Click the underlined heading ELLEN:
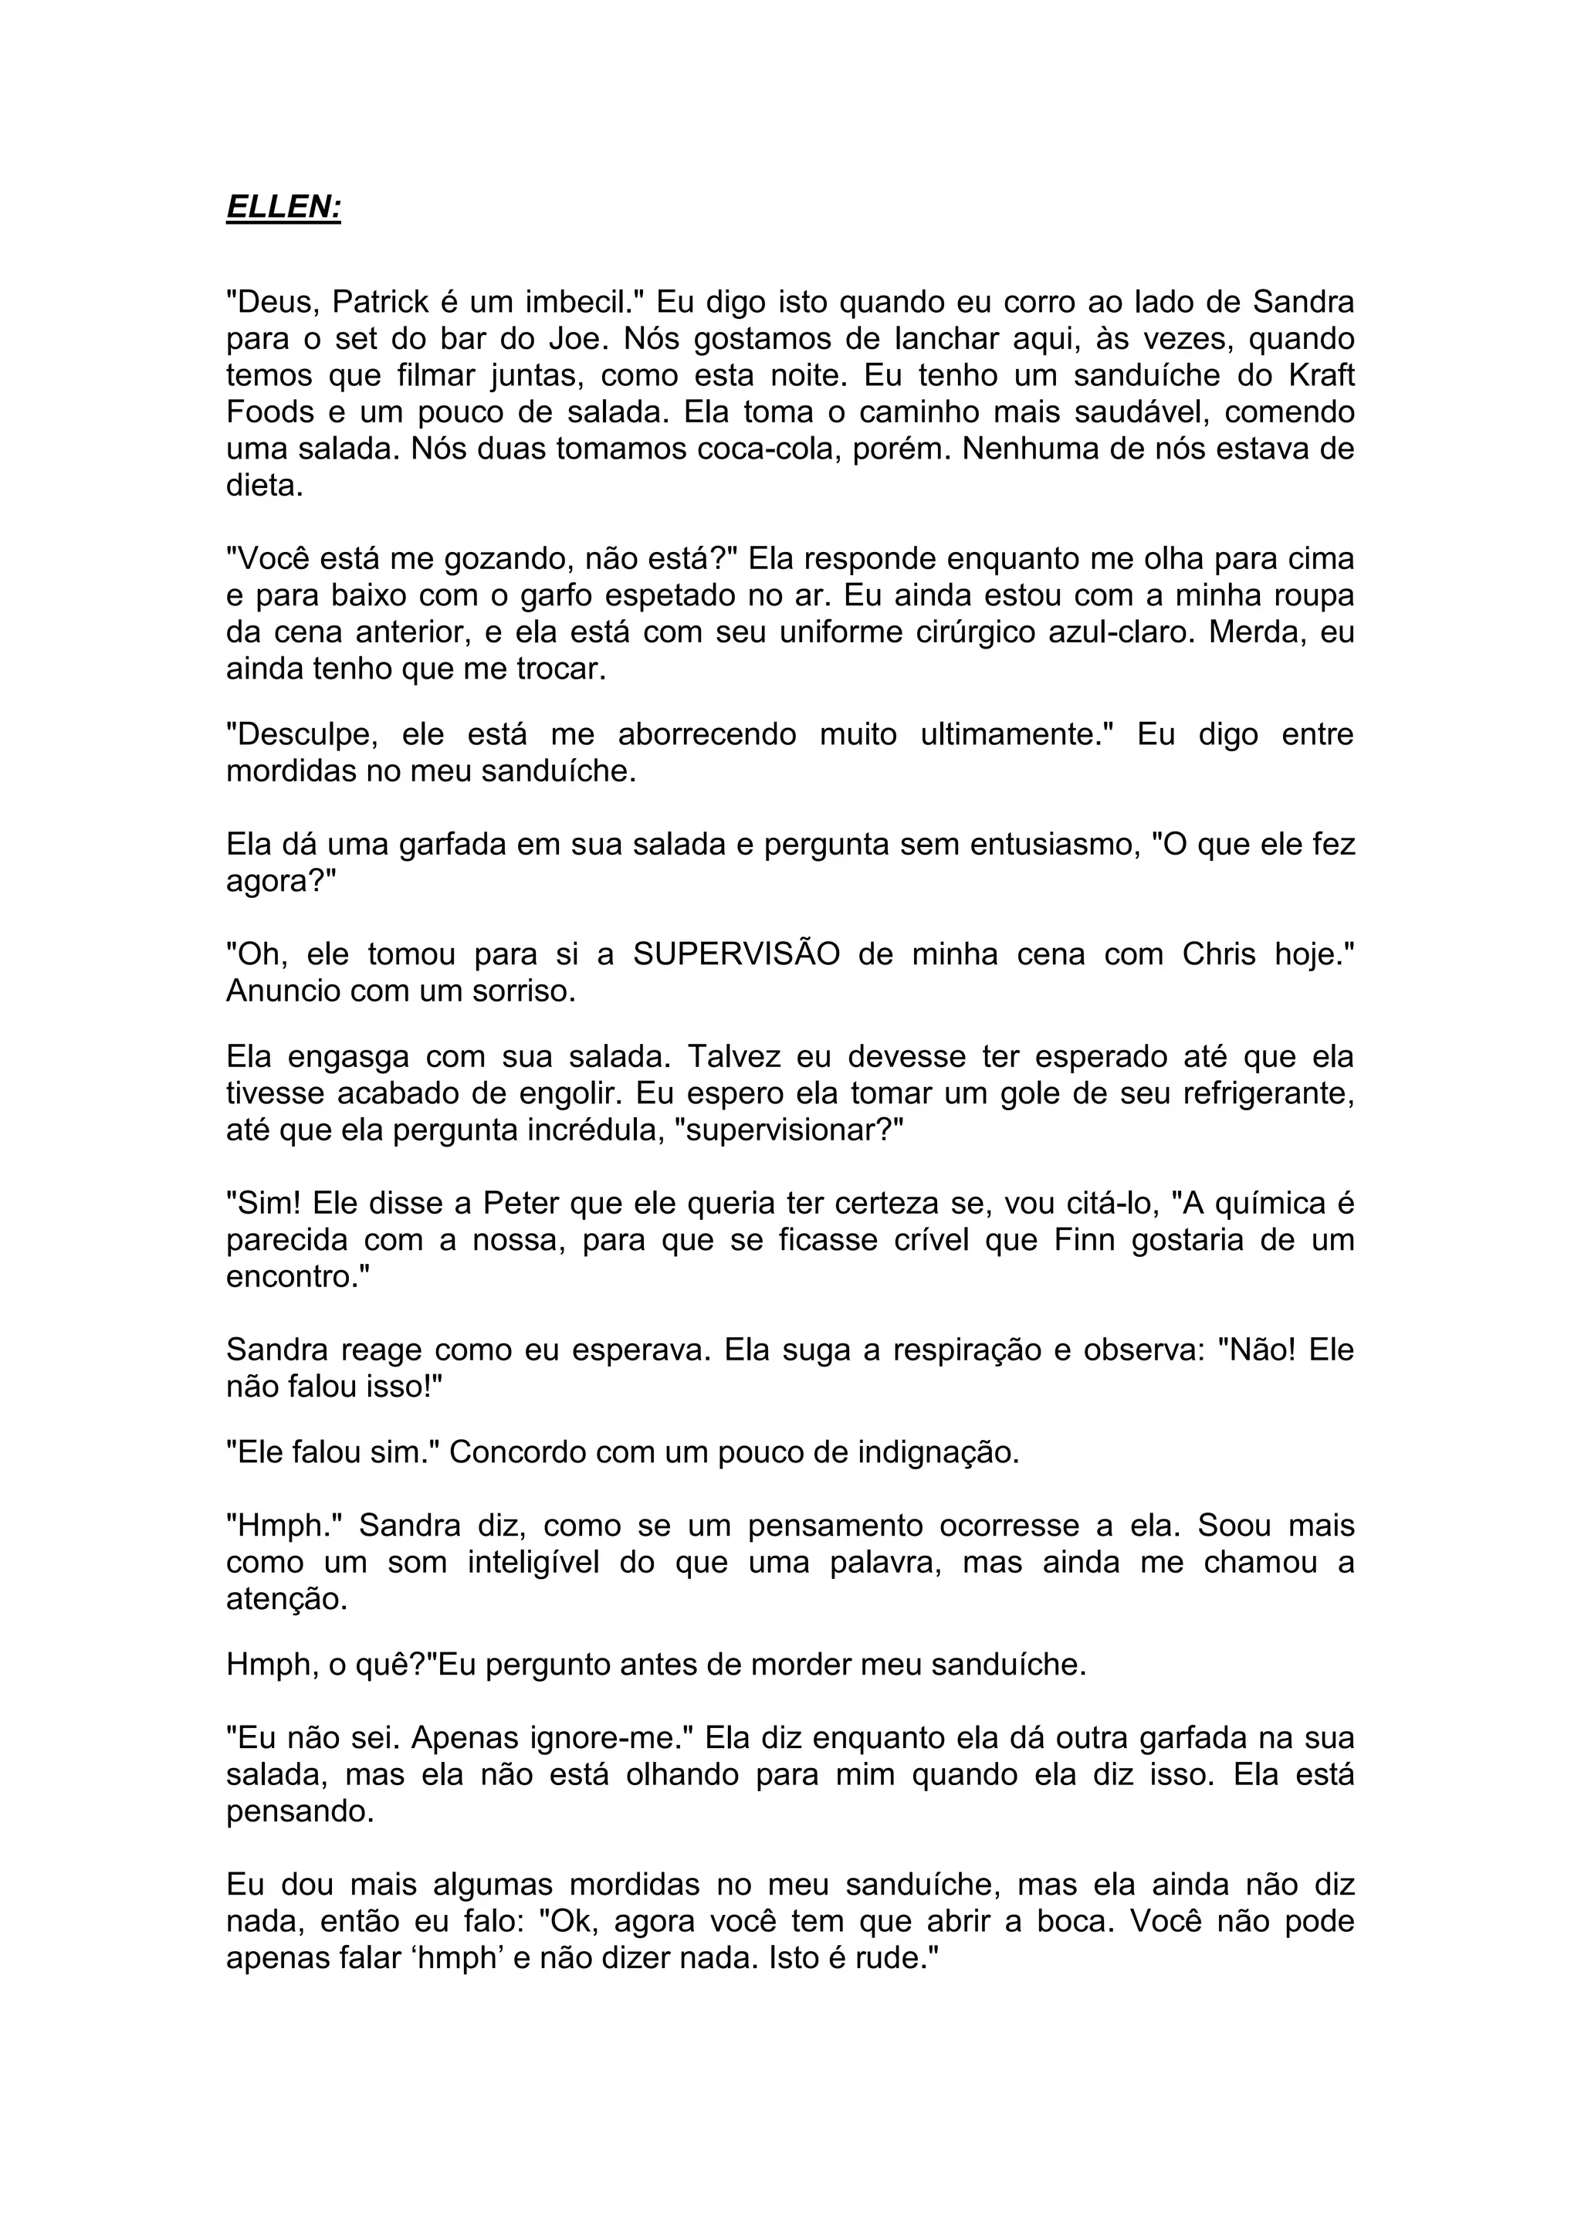click(x=283, y=208)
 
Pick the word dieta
click(x=264, y=486)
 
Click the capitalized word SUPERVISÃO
click(x=736, y=954)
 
